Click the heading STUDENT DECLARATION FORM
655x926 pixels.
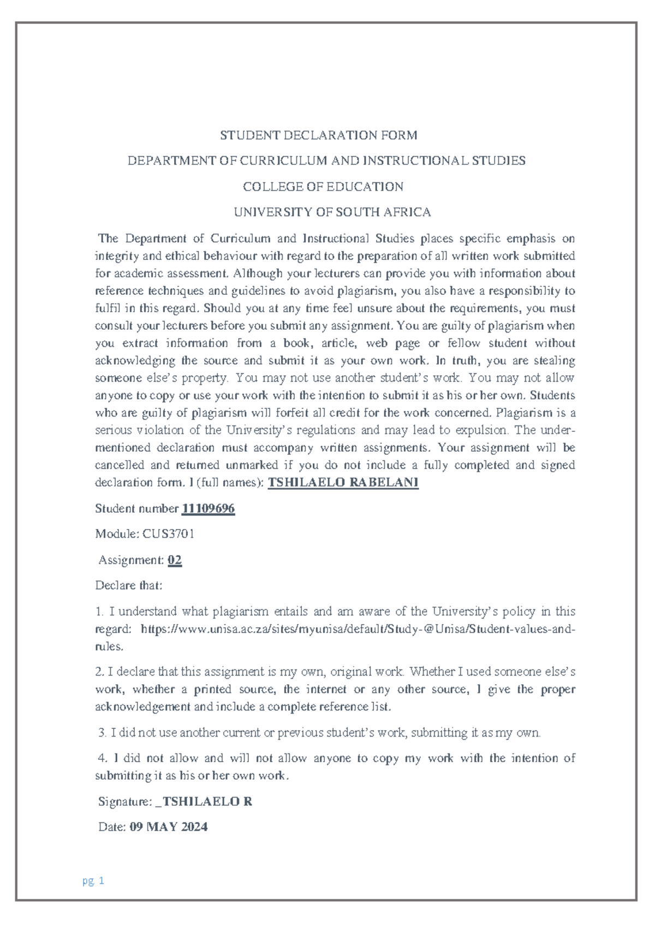coord(318,135)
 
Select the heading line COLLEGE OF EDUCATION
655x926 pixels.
coord(323,187)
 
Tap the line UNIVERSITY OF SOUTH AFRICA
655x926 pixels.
coord(332,212)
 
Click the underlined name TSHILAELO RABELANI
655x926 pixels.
coord(343,483)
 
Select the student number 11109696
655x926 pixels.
coord(208,509)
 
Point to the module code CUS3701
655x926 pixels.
coord(168,534)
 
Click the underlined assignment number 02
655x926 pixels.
coord(175,560)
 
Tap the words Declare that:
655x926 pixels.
coord(129,586)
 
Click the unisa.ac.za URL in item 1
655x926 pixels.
coord(358,629)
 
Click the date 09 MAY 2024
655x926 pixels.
coord(169,827)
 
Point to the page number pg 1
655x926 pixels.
coord(93,881)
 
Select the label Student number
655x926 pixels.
coord(136,509)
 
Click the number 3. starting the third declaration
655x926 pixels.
coord(102,733)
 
